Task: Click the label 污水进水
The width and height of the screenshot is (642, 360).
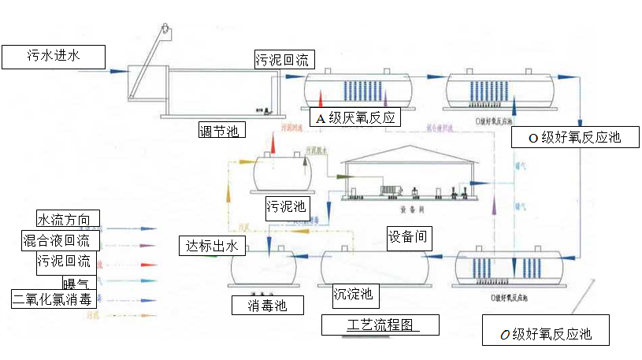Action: pyautogui.click(x=54, y=57)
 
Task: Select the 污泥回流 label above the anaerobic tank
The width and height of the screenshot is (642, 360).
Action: pyautogui.click(x=284, y=59)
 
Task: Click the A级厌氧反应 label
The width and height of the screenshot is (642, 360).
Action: pyautogui.click(x=354, y=117)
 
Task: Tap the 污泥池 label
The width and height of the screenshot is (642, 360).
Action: pyautogui.click(x=287, y=206)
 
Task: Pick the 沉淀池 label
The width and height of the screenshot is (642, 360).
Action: pyautogui.click(x=352, y=296)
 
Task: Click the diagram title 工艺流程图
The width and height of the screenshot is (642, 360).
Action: pyautogui.click(x=380, y=325)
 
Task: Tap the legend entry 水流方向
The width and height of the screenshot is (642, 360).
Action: pyautogui.click(x=68, y=219)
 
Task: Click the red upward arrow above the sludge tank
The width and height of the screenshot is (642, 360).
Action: pyautogui.click(x=273, y=143)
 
